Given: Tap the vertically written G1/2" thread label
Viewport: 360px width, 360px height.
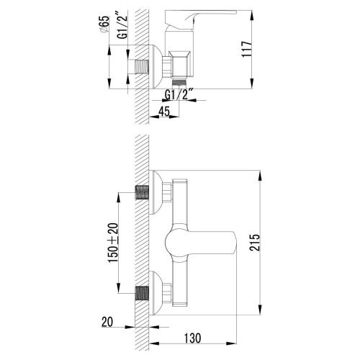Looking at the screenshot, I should click(123, 27).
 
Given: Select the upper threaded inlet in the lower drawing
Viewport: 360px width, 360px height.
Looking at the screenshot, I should click(142, 192).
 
